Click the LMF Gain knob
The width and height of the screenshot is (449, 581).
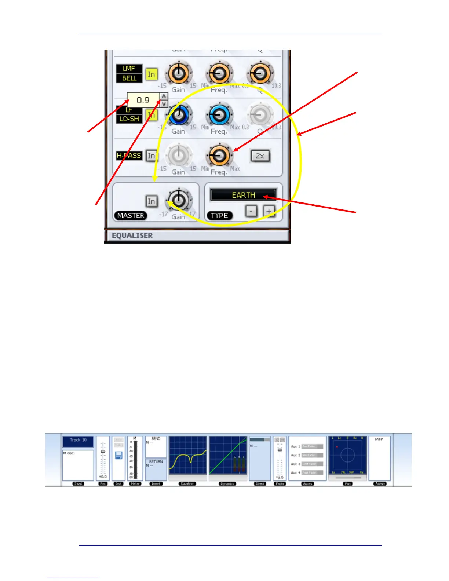pyautogui.click(x=179, y=74)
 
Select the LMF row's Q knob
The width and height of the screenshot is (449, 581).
pyautogui.click(x=260, y=74)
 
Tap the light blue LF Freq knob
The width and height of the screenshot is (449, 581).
pyautogui.click(x=219, y=115)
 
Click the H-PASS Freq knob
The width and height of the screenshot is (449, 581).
pyautogui.click(x=219, y=156)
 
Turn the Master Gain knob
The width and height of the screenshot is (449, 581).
pyautogui.click(x=179, y=200)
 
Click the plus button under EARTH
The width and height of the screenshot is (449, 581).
pyautogui.click(x=269, y=211)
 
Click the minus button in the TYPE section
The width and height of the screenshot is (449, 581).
pyautogui.click(x=251, y=211)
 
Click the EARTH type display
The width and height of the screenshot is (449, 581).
pyautogui.click(x=243, y=195)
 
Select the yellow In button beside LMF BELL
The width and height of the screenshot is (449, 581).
pyautogui.click(x=151, y=74)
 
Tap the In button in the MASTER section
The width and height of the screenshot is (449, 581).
pyautogui.click(x=151, y=201)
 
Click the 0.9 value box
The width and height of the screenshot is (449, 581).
pyautogui.click(x=143, y=100)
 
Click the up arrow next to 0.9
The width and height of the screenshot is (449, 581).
pyautogui.click(x=164, y=96)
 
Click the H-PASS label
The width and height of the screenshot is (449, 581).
pyautogui.click(x=129, y=156)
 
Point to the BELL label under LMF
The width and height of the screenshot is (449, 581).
pyautogui.click(x=129, y=78)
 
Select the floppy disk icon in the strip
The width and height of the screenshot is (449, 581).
pyautogui.click(x=118, y=456)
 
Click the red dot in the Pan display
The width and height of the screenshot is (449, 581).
pyautogui.click(x=337, y=447)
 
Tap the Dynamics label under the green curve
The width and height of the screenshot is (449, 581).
pyautogui.click(x=227, y=484)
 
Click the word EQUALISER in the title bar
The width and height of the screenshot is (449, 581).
pyautogui.click(x=132, y=235)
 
